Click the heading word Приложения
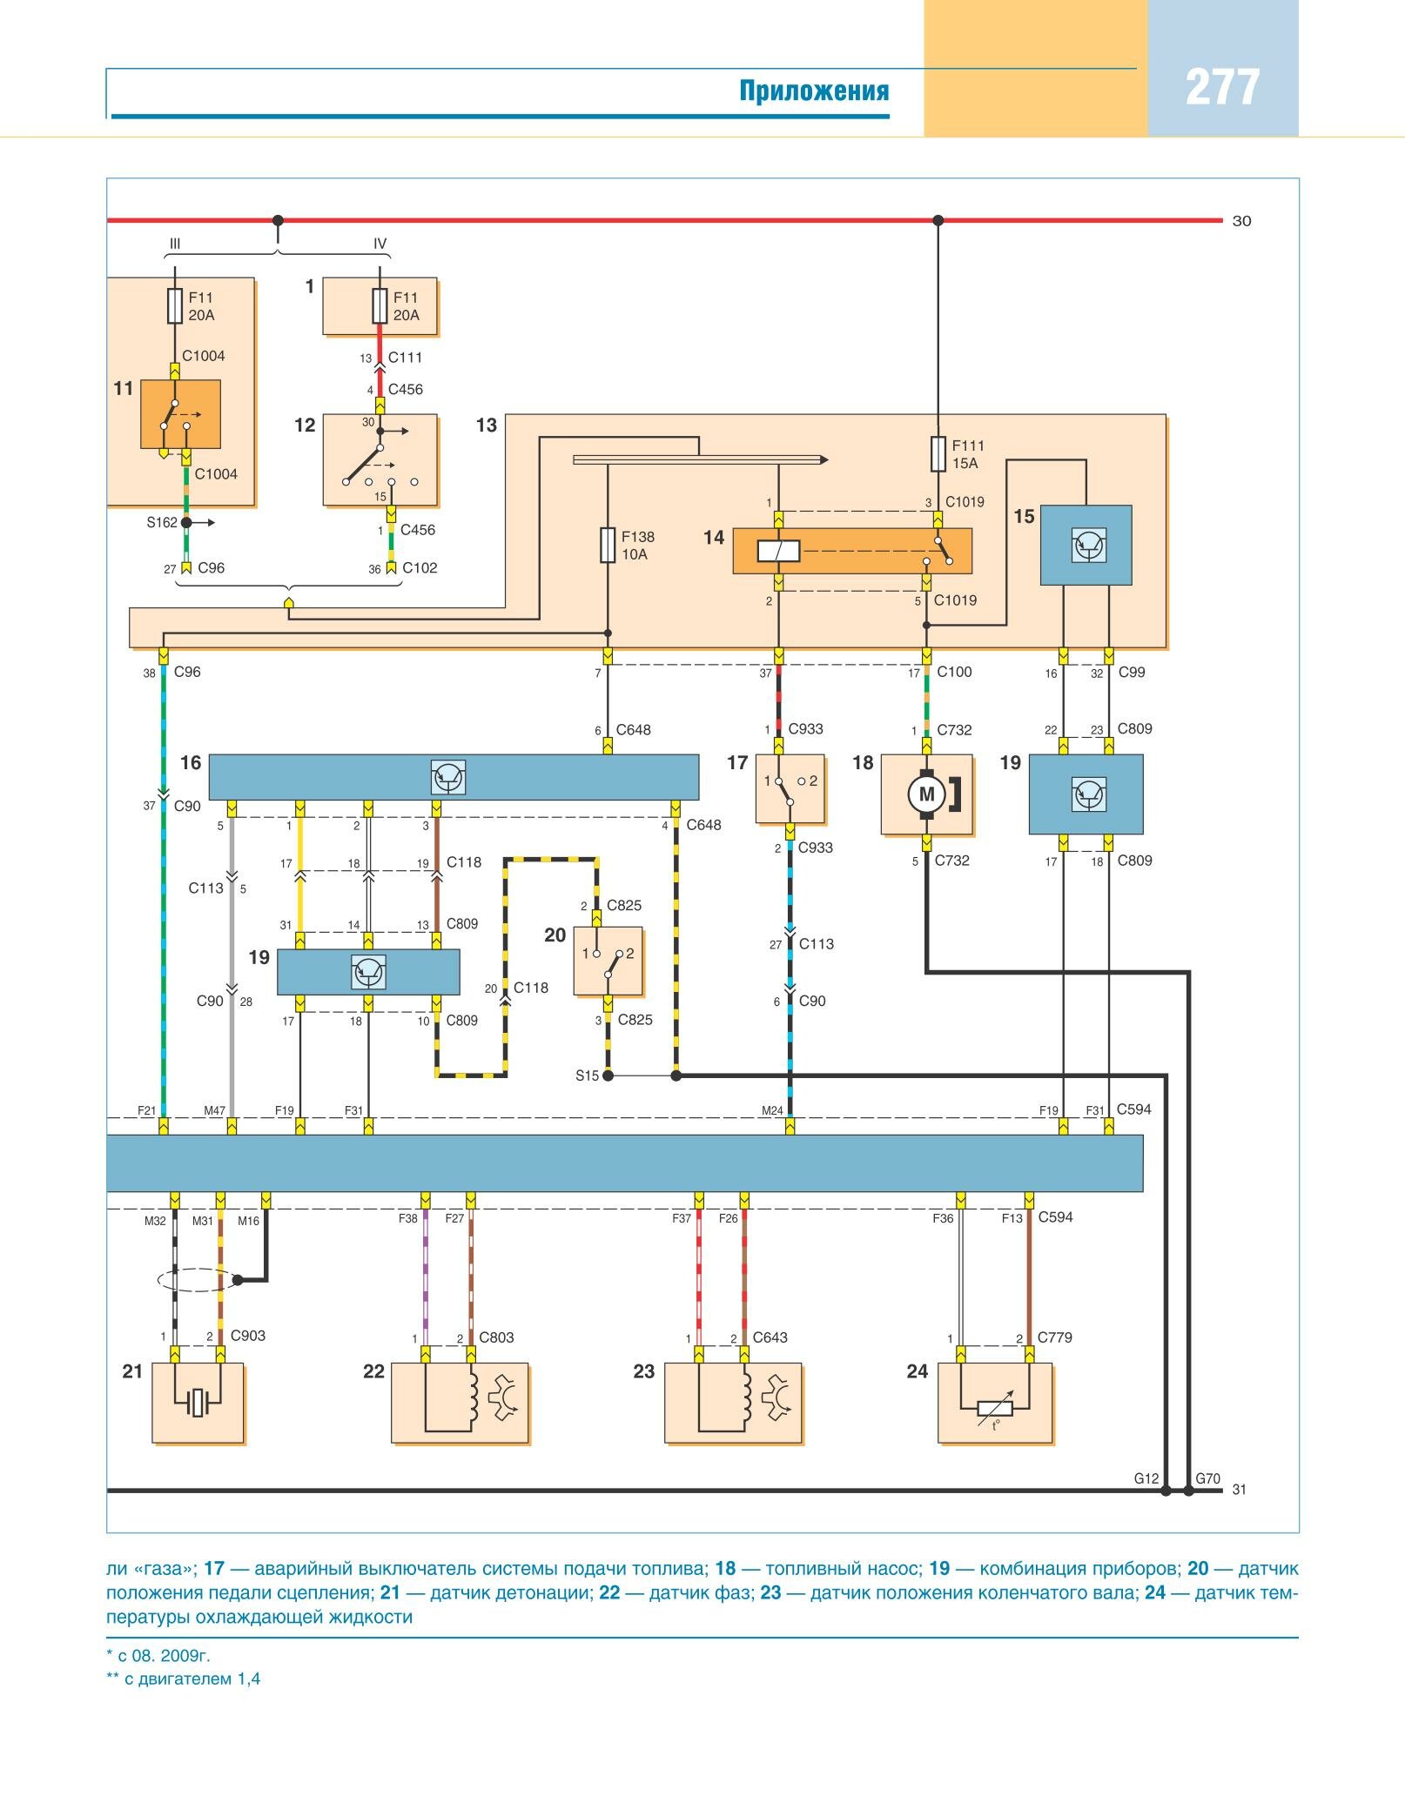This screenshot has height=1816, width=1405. pos(814,90)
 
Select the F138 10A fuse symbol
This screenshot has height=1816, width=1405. pos(608,546)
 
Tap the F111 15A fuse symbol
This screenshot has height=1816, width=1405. pos(938,453)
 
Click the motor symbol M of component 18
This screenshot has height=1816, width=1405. pos(926,794)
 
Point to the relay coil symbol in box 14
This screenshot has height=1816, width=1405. pos(778,551)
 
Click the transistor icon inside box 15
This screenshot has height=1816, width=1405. pos(1087,545)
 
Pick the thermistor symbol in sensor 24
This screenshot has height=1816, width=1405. pos(995,1408)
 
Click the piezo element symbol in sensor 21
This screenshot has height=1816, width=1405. pos(198,1402)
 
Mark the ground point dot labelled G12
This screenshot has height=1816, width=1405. pos(1166,1491)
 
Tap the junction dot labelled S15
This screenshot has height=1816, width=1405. pos(608,1076)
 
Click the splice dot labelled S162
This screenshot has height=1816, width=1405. pos(185,523)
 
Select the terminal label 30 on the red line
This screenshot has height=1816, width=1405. pos(1241,221)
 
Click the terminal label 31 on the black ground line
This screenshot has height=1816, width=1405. pos(1239,1490)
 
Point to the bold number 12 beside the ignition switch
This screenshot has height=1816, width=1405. pos(305,426)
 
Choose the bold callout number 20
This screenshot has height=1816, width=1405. pos(555,935)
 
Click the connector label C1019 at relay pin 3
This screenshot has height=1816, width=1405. pos(965,502)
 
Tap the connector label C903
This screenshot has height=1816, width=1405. pos(248,1336)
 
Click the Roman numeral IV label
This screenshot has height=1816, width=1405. pos(380,245)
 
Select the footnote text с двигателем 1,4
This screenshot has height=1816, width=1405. pos(192,1679)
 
